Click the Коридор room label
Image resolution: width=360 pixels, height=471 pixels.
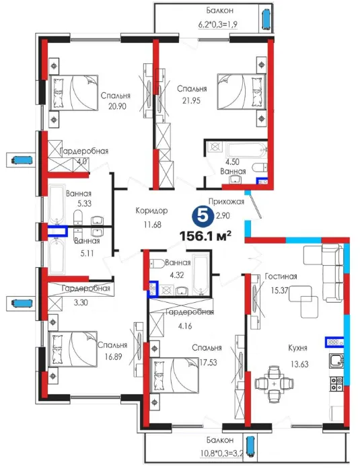[151, 211]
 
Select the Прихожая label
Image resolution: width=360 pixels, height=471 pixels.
[226, 201]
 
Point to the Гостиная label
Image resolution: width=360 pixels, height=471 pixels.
[281, 277]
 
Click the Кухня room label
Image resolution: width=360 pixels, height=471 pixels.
[297, 348]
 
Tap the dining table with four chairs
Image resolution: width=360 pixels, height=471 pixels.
[274, 384]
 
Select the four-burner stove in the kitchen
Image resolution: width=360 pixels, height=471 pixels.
[336, 384]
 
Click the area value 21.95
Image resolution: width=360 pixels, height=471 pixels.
[191, 101]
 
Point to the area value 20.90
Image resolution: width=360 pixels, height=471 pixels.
[117, 106]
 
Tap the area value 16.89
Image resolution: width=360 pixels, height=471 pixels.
[113, 357]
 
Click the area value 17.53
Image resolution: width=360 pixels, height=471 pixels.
[208, 362]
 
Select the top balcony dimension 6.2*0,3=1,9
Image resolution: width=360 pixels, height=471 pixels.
[218, 24]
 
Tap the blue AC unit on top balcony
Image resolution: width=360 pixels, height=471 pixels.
[266, 20]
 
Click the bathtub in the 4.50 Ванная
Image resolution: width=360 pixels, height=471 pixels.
[247, 149]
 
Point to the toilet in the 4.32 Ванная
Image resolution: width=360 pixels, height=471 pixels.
[157, 264]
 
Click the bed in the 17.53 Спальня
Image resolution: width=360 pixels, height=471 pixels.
[174, 375]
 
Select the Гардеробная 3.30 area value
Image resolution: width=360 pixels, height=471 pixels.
[81, 302]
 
